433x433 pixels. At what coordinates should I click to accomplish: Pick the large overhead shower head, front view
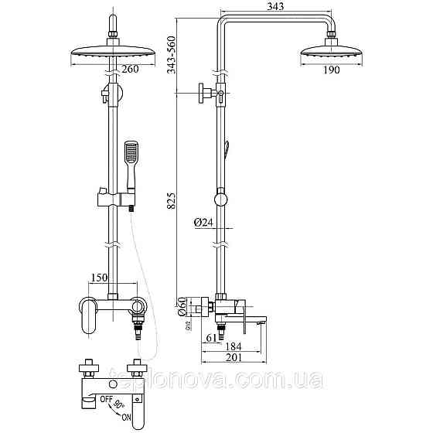113,56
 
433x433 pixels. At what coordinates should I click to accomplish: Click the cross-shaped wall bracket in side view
208,93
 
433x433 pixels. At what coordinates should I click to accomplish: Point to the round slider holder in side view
222,200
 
